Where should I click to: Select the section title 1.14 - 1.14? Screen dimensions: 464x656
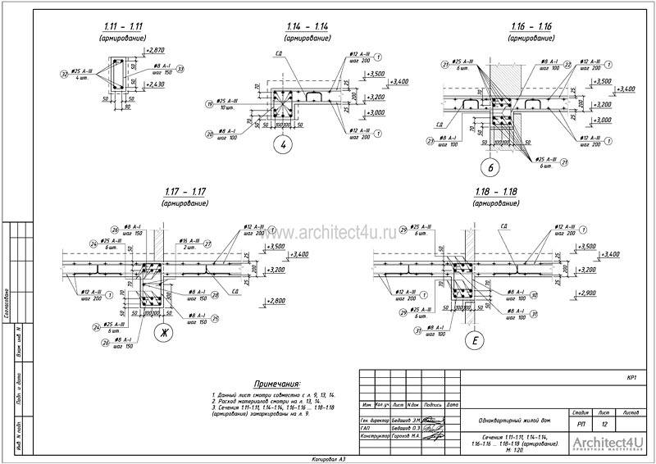(x=307, y=28)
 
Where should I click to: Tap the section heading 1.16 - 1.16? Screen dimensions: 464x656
(x=529, y=27)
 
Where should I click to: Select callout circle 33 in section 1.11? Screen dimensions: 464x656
(x=180, y=69)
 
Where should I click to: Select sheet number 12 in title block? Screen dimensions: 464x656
(x=604, y=425)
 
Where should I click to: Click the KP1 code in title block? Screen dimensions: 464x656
(x=631, y=378)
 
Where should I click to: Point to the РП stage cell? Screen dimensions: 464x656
(x=581, y=425)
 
